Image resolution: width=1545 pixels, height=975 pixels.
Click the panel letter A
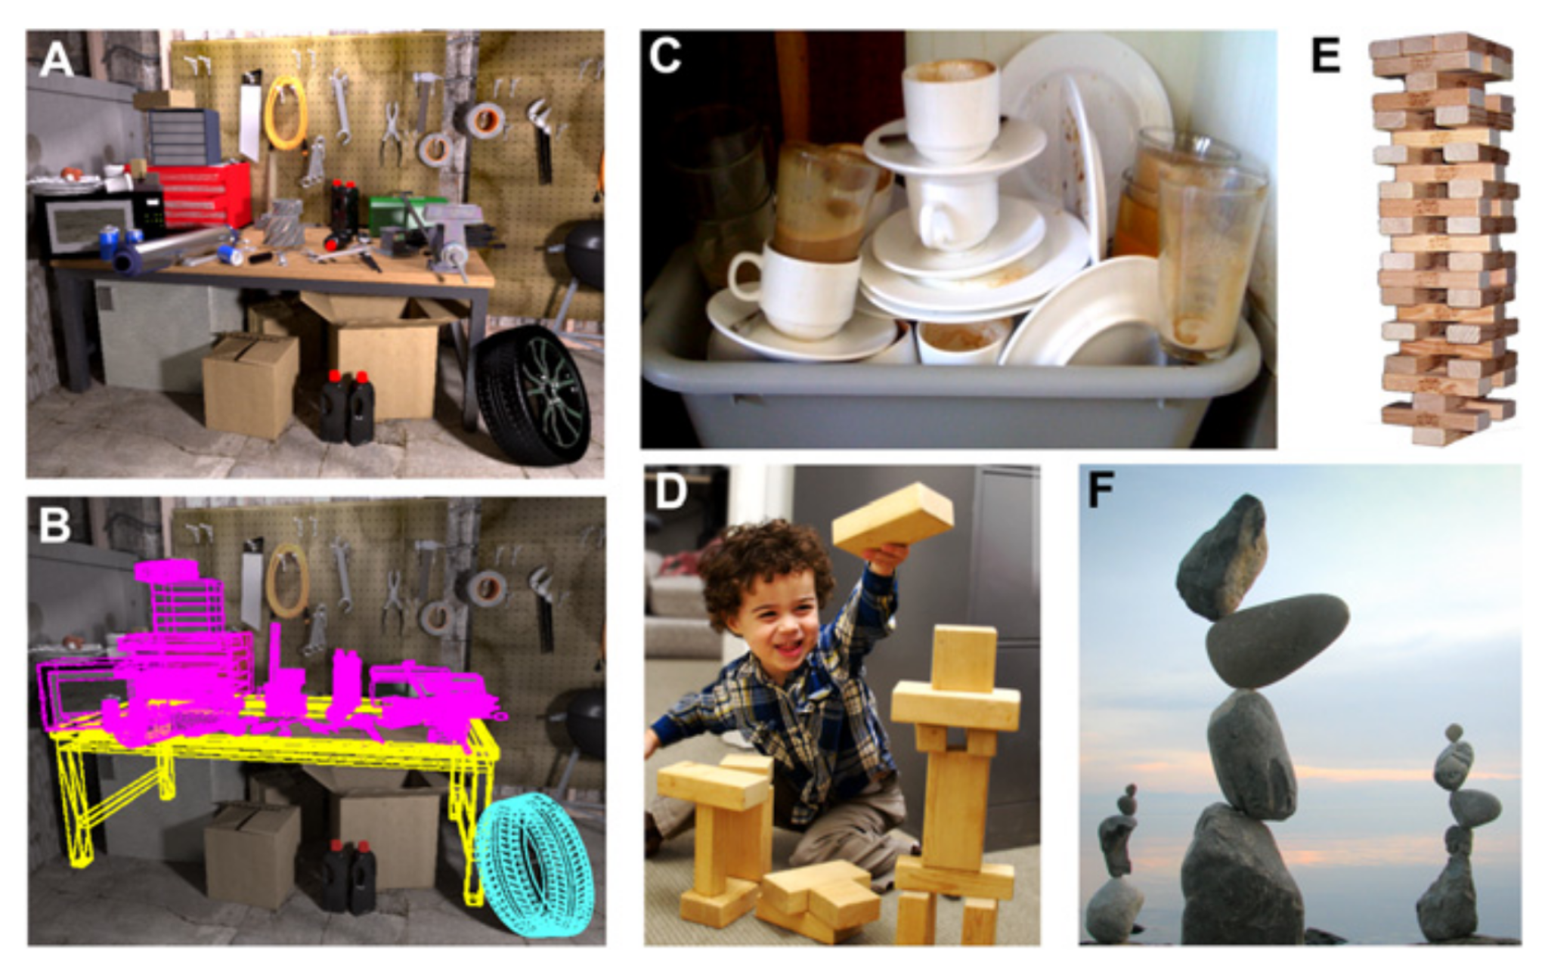coord(57,60)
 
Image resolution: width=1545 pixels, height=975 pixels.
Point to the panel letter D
coord(671,492)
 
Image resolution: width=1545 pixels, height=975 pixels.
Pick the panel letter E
coord(1327,55)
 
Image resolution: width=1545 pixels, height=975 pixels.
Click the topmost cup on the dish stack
coord(951,109)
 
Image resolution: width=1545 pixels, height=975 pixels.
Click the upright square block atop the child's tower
coord(964,658)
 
